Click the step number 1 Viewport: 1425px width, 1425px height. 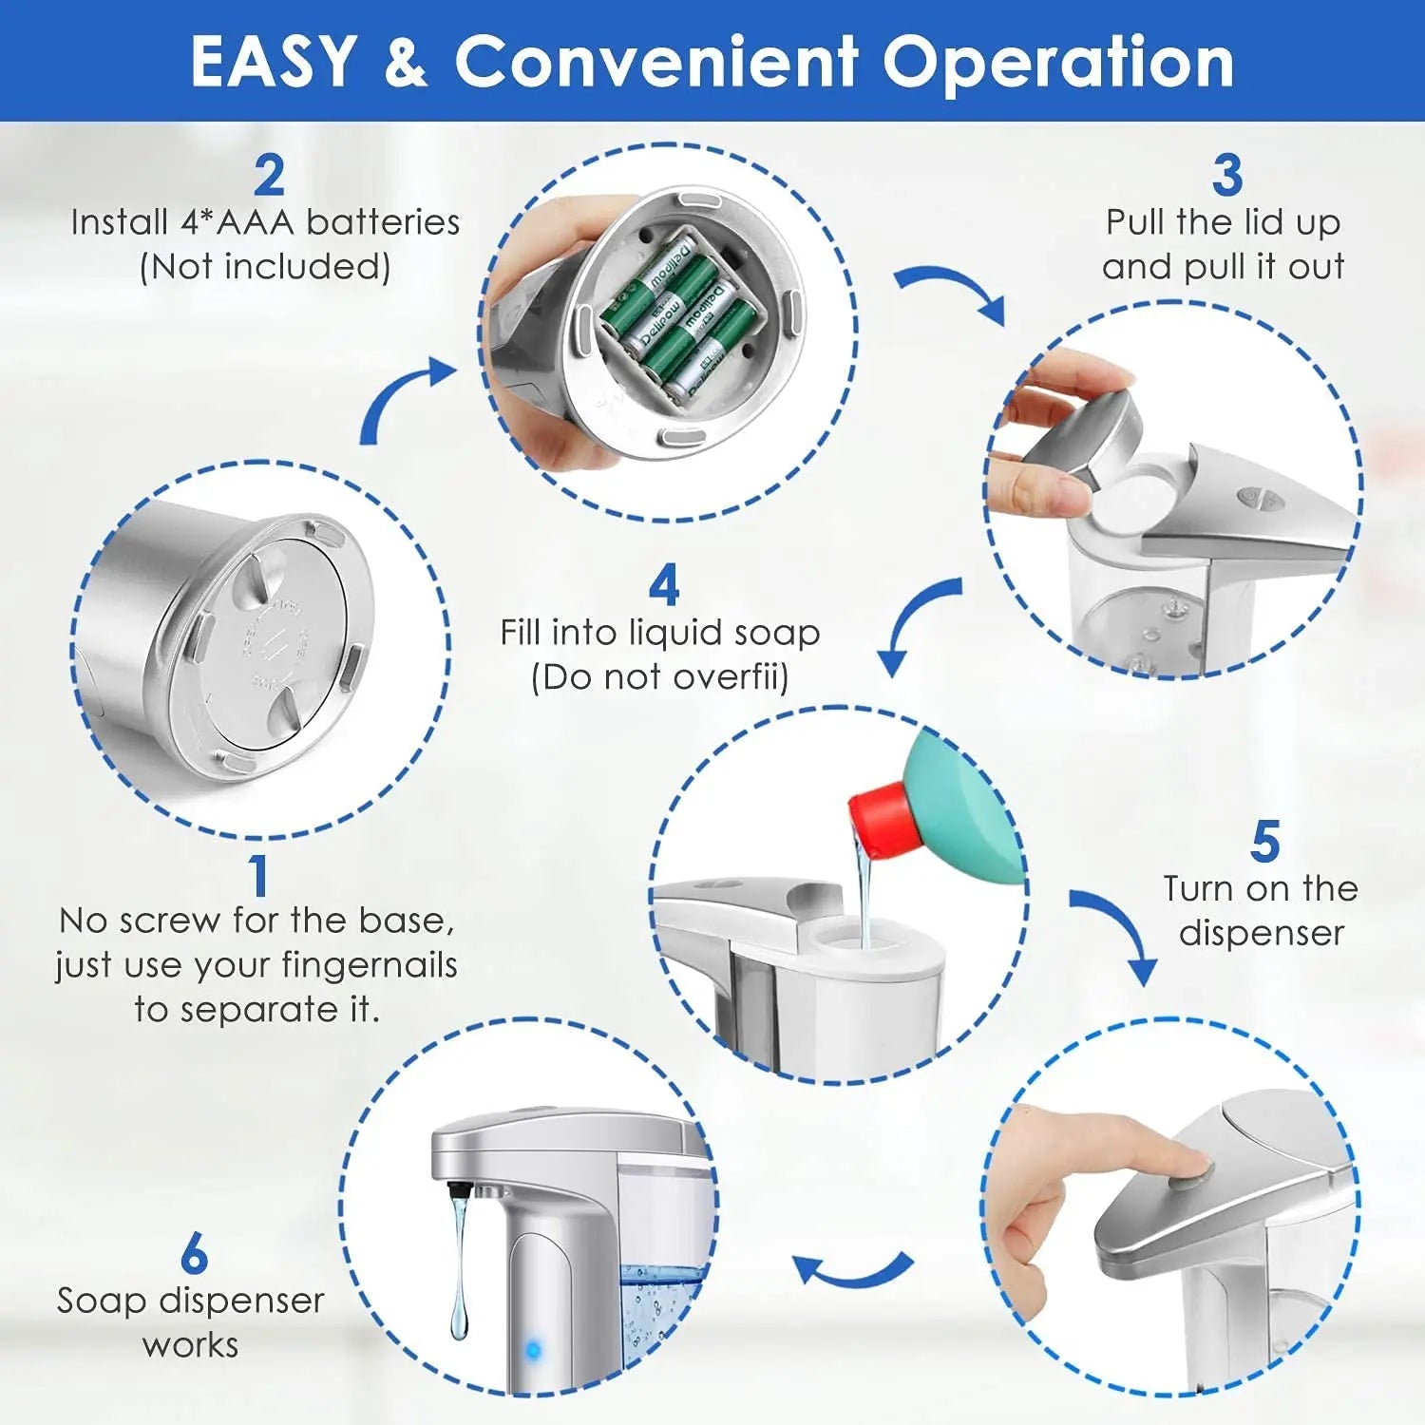tap(258, 876)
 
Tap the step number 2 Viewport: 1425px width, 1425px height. tap(270, 175)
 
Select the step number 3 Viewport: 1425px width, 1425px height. tap(1227, 175)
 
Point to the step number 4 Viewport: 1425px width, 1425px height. tap(664, 585)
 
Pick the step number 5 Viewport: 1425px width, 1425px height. tap(1265, 842)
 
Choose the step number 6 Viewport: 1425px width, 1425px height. tap(194, 1253)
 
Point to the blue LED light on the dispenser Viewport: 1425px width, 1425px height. tap(533, 1348)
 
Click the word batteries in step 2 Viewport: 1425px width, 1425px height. tap(383, 222)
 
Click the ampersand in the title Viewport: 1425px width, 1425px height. tap(406, 63)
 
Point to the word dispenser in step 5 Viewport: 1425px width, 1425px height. tap(1262, 934)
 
